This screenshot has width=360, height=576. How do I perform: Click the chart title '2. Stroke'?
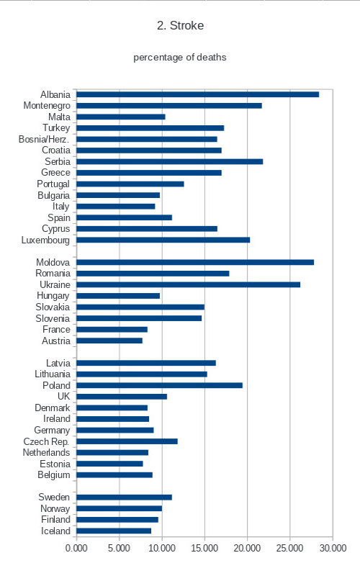(x=180, y=25)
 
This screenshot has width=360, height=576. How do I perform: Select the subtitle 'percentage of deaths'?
(x=179, y=58)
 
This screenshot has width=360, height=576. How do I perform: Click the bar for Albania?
(x=197, y=94)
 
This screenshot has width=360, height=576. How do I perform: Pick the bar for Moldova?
(x=195, y=262)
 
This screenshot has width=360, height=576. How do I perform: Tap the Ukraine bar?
(x=188, y=284)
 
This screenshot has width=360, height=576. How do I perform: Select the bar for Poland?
(x=159, y=385)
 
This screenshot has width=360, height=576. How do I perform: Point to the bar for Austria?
(x=109, y=341)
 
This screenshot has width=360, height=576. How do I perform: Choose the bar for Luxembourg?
(x=163, y=240)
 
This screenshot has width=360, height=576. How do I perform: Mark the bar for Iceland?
(x=114, y=531)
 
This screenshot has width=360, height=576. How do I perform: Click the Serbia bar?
(x=170, y=161)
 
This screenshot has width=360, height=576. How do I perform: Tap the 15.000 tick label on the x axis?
(x=204, y=548)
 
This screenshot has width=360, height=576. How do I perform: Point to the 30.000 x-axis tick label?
(x=333, y=548)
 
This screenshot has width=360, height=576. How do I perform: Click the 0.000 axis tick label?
(x=76, y=548)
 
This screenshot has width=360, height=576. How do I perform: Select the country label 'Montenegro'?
(x=47, y=106)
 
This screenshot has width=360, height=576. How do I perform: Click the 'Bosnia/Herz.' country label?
(x=44, y=139)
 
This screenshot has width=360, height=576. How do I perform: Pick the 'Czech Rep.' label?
(x=46, y=441)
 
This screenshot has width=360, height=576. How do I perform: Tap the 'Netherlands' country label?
(x=46, y=453)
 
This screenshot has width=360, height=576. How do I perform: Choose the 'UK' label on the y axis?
(x=63, y=397)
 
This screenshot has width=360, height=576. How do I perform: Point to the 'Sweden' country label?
(x=54, y=497)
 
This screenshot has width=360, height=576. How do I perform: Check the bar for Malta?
(x=121, y=117)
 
